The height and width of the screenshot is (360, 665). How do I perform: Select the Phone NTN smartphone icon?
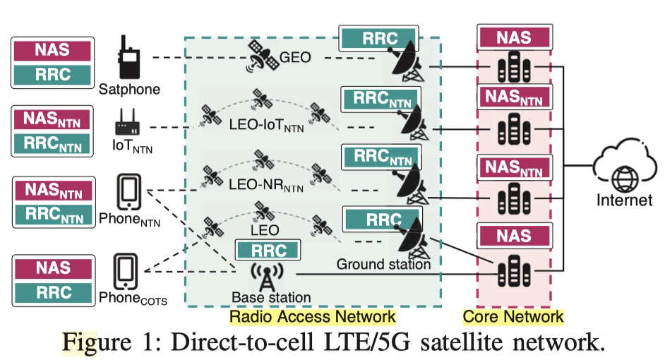point(128,192)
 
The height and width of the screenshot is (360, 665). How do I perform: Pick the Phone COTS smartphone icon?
point(127,271)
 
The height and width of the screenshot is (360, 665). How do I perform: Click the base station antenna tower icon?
point(265,277)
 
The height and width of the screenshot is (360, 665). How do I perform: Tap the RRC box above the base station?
point(266,249)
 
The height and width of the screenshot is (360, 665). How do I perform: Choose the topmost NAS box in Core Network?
point(513,37)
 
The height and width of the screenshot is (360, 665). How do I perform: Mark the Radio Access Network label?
point(313,316)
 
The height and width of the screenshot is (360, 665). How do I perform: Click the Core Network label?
point(513,316)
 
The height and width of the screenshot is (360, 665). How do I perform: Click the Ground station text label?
point(383,265)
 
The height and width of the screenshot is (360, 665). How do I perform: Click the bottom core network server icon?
point(513,269)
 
